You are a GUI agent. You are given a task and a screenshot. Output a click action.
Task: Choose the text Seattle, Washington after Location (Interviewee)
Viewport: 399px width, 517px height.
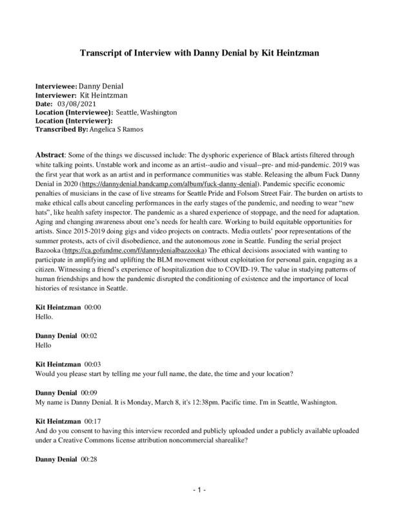[x=146, y=111]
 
